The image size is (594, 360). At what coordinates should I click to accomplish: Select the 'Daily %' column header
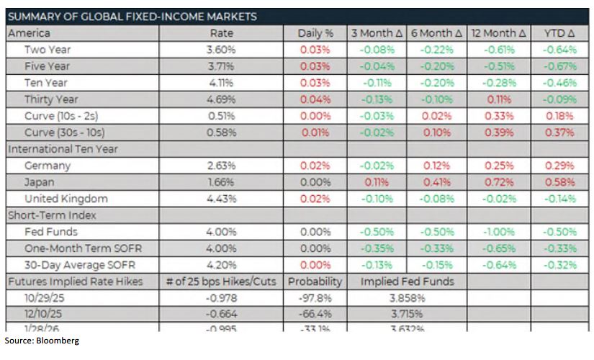(315, 33)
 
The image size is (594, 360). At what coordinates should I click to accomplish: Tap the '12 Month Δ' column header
(498, 33)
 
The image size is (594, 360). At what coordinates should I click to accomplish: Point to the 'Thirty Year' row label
(51, 99)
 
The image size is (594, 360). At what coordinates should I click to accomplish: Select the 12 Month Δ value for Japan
(498, 182)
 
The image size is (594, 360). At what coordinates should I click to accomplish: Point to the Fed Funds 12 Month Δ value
(498, 232)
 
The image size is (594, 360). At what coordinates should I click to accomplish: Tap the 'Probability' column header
(315, 282)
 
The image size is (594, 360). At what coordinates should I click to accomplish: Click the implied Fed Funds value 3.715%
(407, 315)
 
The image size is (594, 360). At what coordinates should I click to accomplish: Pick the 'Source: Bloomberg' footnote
(41, 341)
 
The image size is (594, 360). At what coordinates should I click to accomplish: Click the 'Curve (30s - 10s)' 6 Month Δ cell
(437, 132)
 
